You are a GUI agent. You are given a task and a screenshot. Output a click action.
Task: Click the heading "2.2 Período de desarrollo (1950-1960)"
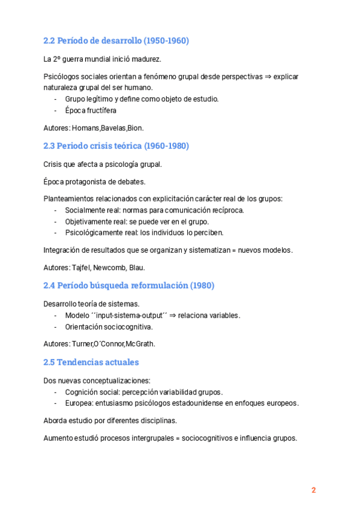[116, 41]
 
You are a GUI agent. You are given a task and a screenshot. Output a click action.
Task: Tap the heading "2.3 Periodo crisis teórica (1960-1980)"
[116, 146]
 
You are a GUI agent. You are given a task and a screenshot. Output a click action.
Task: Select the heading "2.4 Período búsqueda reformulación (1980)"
[129, 285]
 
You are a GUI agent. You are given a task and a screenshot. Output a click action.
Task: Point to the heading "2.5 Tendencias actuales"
[91, 362]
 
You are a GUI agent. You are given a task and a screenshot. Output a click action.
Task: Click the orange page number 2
[313, 490]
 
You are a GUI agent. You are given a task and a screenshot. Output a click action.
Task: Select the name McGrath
[141, 344]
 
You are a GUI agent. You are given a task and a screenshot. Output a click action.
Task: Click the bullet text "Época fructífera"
[91, 110]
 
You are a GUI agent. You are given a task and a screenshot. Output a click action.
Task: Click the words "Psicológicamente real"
[101, 233]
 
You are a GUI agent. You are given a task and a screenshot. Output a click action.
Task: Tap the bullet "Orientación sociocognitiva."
[109, 327]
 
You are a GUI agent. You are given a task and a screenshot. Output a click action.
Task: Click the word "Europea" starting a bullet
[78, 403]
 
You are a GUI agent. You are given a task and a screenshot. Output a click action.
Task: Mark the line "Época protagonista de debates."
[94, 181]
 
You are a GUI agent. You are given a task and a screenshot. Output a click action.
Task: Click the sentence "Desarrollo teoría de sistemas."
[92, 304]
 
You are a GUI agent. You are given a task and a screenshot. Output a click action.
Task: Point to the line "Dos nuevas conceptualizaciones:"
[97, 380]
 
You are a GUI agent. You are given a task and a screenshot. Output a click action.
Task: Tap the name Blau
[137, 268]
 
